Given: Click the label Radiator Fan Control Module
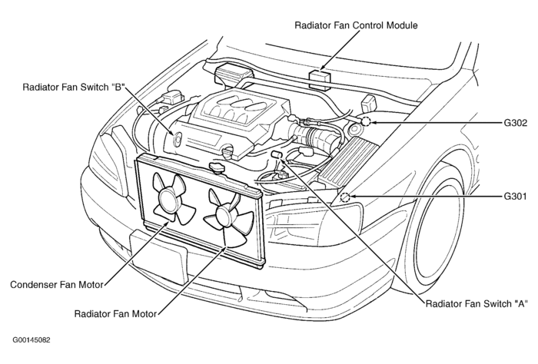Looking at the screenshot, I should click(x=356, y=25).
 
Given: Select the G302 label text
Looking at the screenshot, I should click(x=514, y=122).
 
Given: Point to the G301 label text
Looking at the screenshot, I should click(x=514, y=197).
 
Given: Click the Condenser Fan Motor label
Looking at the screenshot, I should click(x=57, y=284).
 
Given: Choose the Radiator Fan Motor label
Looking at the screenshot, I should click(x=115, y=313).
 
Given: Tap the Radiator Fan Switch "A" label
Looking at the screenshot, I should click(x=477, y=303).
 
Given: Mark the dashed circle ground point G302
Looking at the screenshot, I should click(x=367, y=121).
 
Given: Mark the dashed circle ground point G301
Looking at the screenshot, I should click(x=345, y=197).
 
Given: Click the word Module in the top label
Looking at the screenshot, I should click(x=400, y=25).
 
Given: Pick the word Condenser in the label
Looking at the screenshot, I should click(x=33, y=284).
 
